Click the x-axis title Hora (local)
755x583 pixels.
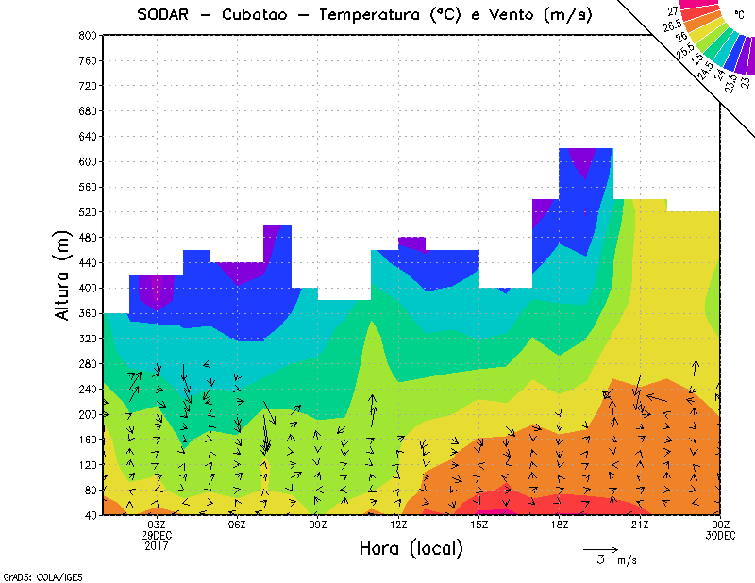(410, 548)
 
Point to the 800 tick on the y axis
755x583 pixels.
(87, 35)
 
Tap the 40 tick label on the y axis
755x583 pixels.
(91, 515)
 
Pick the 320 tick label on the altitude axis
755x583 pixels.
(87, 338)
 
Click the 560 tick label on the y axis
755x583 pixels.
(87, 186)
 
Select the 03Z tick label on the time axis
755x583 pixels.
(157, 525)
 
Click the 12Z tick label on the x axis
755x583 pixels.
(398, 525)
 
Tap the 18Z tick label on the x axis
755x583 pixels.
(560, 525)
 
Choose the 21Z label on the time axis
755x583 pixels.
(640, 525)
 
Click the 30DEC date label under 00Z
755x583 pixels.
(721, 535)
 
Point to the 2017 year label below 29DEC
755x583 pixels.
(157, 545)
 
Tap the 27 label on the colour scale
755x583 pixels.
(673, 10)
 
